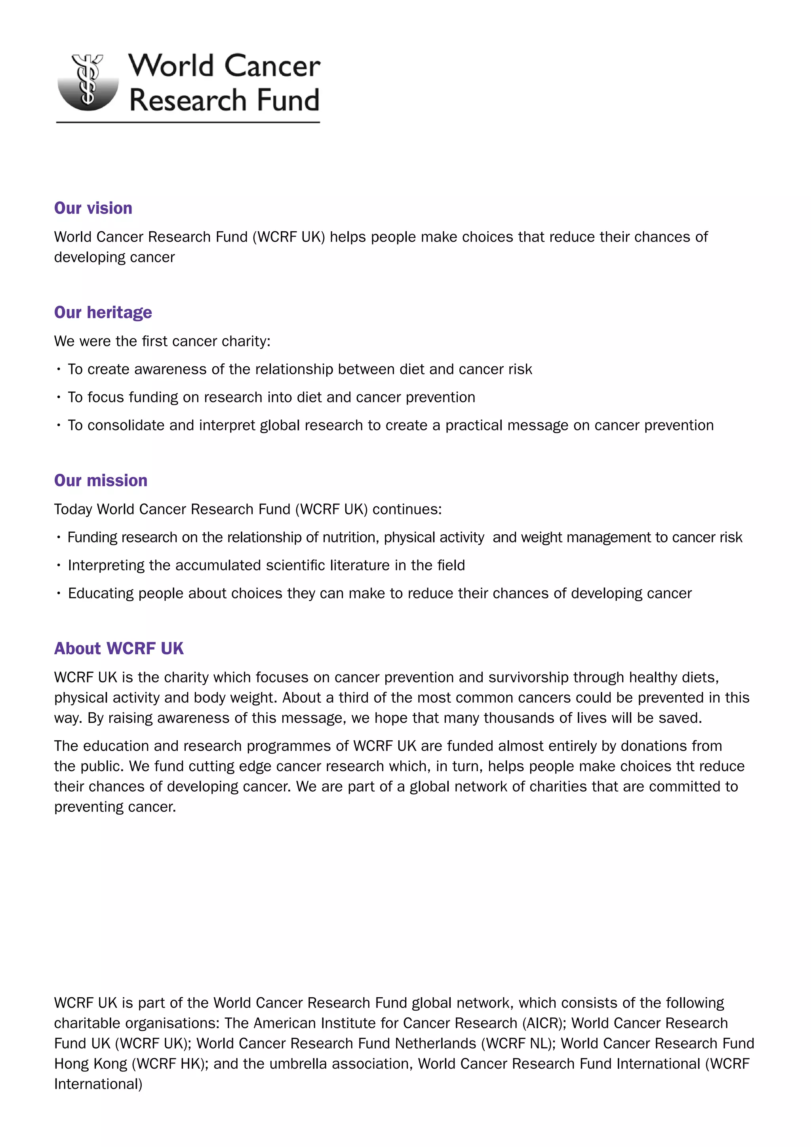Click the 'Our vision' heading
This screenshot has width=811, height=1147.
(93, 208)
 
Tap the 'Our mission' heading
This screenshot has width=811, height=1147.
(101, 480)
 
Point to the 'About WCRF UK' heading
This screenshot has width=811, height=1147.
(119, 648)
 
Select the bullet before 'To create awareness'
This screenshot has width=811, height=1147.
(59, 370)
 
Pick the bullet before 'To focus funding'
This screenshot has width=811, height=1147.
(59, 398)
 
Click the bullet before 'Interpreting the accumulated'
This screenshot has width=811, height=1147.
(59, 566)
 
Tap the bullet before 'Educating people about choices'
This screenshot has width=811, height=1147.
(59, 593)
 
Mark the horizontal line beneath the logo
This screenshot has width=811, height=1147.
(188, 122)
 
